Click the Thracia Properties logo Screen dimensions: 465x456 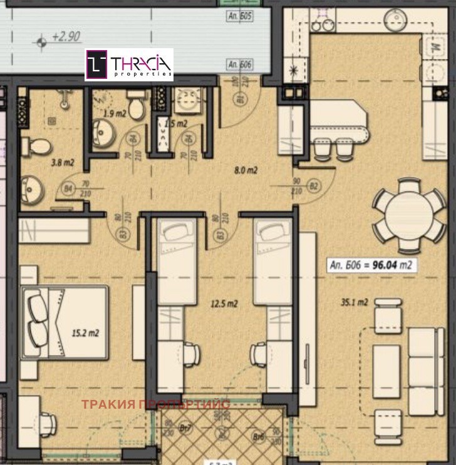129,64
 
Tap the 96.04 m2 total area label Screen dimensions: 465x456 372,265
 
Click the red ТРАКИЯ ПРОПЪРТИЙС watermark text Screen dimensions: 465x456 156,404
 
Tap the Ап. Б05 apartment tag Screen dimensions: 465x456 239,16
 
